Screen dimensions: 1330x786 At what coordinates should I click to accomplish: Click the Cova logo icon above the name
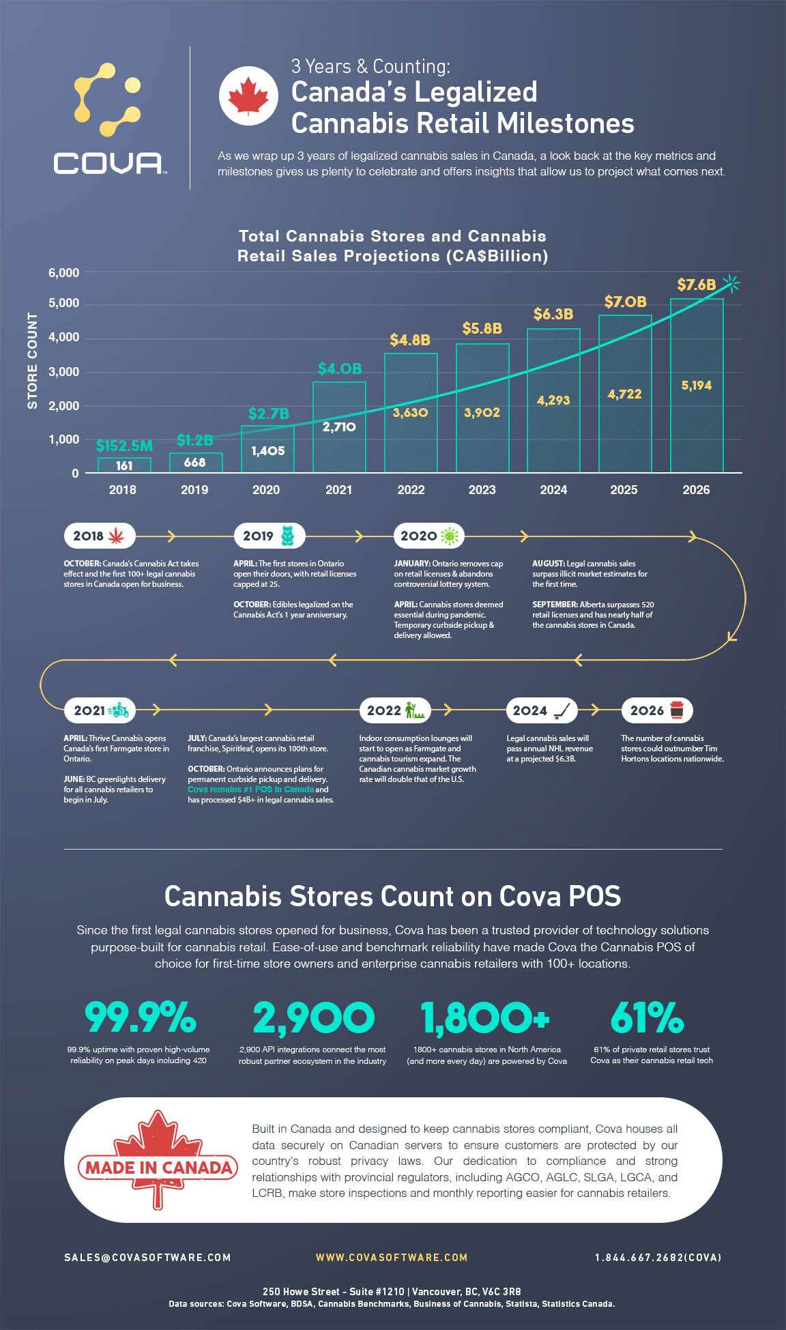click(x=108, y=99)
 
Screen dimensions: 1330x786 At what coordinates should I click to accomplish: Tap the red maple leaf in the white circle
click(x=248, y=96)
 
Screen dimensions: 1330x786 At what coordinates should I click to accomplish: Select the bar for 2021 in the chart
click(x=339, y=427)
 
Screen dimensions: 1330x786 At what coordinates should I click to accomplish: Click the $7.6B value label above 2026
click(x=696, y=285)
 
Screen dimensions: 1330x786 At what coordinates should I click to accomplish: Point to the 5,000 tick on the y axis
click(x=63, y=303)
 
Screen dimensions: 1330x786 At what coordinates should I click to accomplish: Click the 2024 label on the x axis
click(x=553, y=490)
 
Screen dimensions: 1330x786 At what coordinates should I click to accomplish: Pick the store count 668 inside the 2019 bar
click(x=194, y=463)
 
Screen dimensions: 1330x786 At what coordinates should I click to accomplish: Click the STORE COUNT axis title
click(x=32, y=361)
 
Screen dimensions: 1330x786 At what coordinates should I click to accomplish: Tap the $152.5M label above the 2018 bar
click(x=124, y=446)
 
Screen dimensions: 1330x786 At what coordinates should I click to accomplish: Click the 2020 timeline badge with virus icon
click(x=428, y=536)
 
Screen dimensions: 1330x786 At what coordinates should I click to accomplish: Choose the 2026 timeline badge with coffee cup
click(x=656, y=710)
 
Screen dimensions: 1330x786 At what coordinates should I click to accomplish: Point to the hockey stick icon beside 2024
click(x=564, y=710)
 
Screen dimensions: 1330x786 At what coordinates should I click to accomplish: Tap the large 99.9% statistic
click(x=141, y=1017)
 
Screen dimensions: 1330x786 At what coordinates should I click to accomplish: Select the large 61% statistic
click(x=647, y=1017)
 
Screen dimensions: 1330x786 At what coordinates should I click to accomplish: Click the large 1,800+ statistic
click(x=485, y=1017)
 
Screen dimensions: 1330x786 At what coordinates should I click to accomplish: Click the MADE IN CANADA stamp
click(x=158, y=1167)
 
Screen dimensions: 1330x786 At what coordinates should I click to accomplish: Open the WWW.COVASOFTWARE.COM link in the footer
click(x=392, y=1257)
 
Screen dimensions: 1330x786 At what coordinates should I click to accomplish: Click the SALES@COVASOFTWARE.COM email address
click(x=147, y=1257)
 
